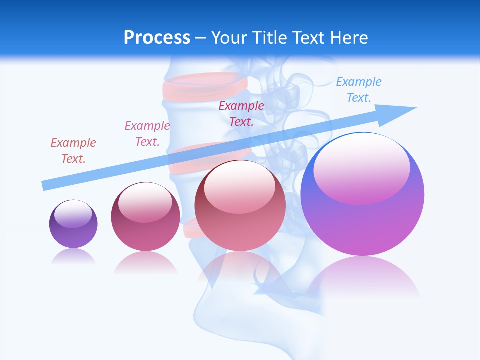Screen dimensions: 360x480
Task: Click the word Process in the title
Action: click(157, 38)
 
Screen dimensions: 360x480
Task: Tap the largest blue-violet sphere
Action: click(362, 200)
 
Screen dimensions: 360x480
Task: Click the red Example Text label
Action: click(73, 151)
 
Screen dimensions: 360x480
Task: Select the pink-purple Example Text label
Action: click(147, 134)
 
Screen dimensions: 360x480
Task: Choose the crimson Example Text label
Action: click(241, 114)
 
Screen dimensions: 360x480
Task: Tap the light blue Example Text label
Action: click(358, 90)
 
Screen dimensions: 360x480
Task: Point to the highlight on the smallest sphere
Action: click(73, 214)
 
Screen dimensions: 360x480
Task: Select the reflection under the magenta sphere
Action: click(145, 263)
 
